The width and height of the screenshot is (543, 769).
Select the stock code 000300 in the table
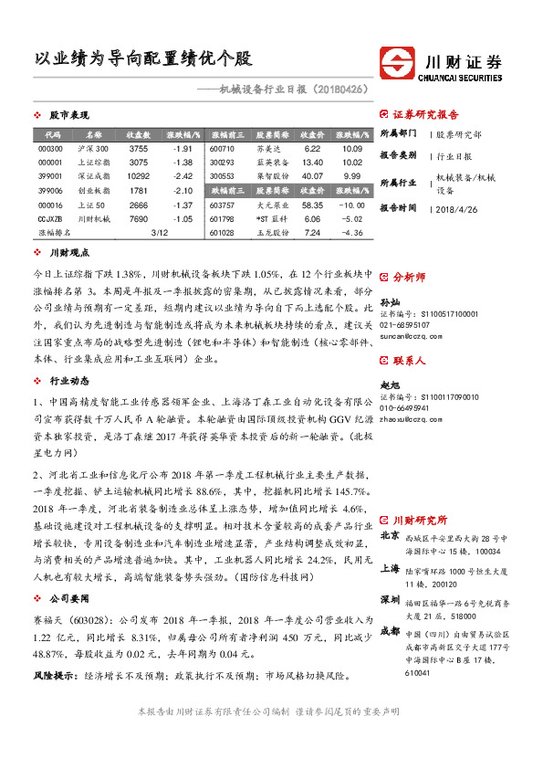51,148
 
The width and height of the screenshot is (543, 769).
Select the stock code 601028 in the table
222,234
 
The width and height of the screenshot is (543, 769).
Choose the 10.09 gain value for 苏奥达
352,148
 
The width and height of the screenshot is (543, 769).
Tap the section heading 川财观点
68,253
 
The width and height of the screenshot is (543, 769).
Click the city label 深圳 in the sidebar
391,598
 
